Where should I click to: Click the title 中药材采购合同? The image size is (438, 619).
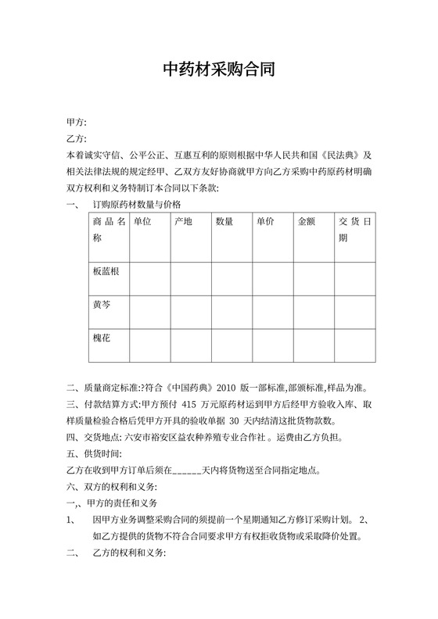click(x=218, y=70)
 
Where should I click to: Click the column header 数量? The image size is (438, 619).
click(x=224, y=222)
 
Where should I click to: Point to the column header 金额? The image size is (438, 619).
click(x=307, y=222)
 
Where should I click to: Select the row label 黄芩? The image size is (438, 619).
click(x=102, y=304)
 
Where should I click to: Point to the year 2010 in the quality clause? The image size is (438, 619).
click(x=225, y=388)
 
